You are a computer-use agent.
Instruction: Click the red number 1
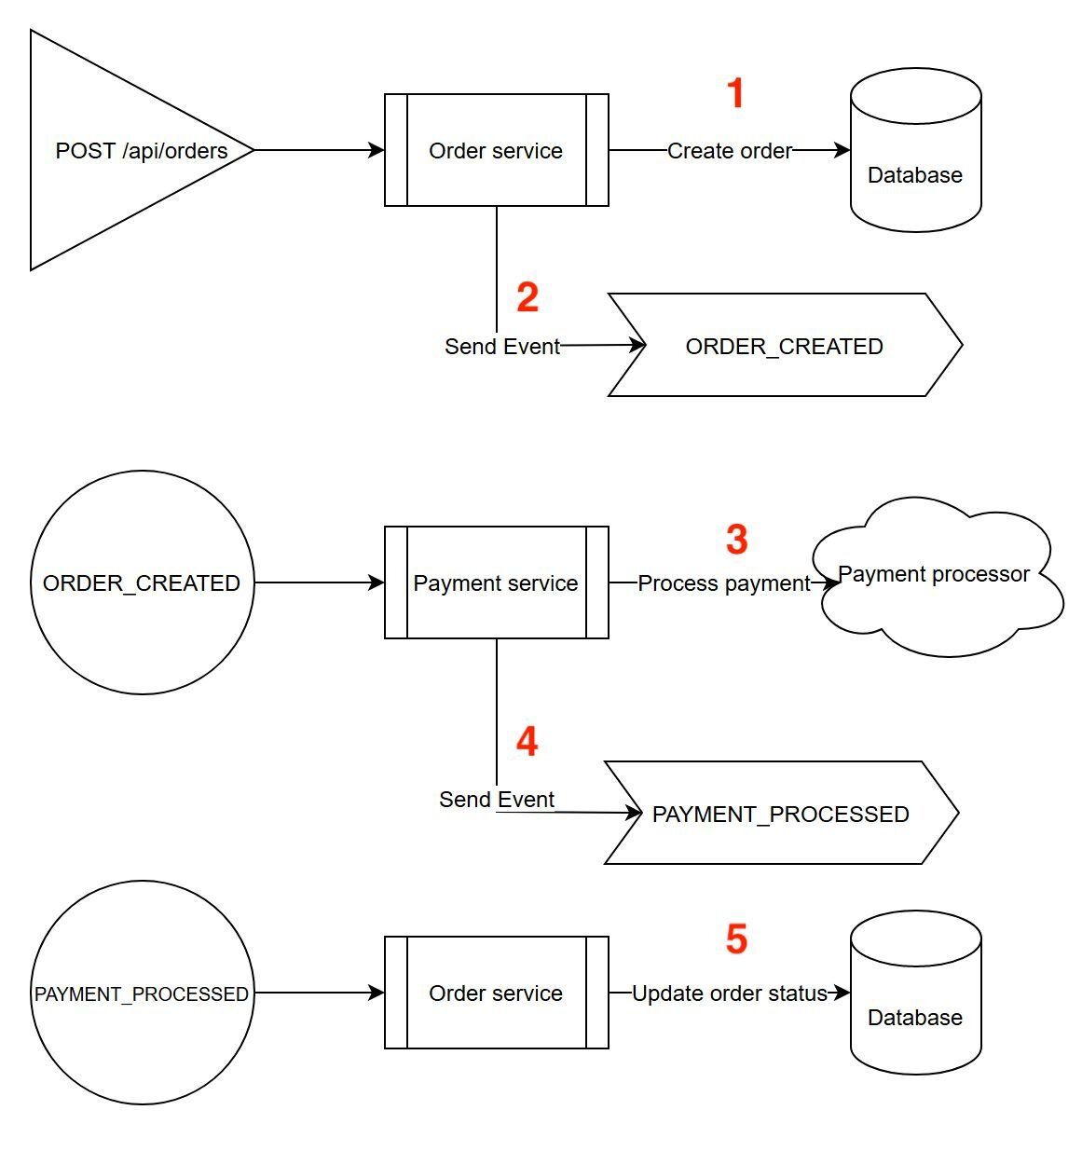point(735,93)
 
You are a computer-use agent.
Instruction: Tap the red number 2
point(527,297)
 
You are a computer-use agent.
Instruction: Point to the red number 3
point(736,540)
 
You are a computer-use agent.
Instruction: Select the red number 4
point(527,742)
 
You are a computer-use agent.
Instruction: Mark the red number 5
point(736,939)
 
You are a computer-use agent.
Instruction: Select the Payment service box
point(496,582)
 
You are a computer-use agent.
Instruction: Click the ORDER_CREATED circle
point(142,582)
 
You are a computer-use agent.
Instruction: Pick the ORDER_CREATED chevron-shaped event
point(784,346)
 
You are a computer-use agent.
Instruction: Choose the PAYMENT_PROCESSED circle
point(142,993)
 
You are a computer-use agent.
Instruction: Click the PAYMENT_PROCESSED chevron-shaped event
point(780,814)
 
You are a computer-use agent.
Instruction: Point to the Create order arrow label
point(730,150)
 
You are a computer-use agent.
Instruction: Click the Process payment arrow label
point(724,582)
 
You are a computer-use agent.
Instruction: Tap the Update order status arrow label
point(730,993)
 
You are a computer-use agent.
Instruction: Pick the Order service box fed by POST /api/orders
point(496,150)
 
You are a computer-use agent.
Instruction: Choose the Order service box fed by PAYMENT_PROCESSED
point(496,993)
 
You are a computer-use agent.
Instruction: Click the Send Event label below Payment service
point(497,799)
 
